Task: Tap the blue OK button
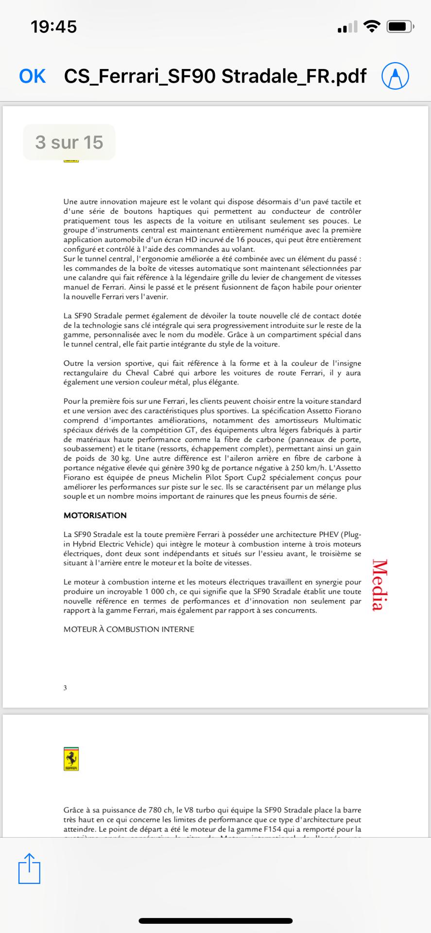[x=32, y=76]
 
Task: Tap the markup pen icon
[x=395, y=76]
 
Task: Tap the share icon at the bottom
[x=29, y=868]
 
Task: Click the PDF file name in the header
[x=215, y=76]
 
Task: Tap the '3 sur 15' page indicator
[x=69, y=142]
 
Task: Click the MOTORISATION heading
[x=95, y=516]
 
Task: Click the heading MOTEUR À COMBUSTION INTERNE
[x=129, y=629]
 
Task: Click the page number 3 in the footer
[x=65, y=688]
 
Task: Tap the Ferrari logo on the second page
[x=71, y=759]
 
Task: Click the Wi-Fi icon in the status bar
[x=372, y=27]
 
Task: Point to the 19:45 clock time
[x=53, y=27]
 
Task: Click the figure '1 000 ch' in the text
[x=161, y=591]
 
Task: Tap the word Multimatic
[x=342, y=420]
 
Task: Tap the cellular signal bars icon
[x=347, y=27]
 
